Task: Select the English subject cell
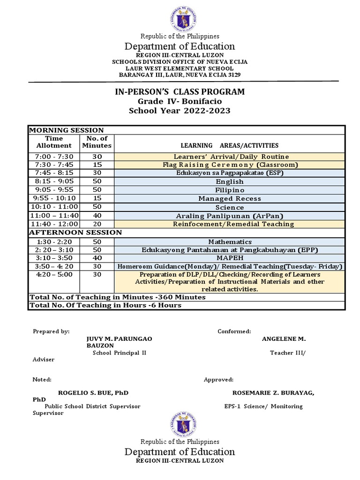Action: coord(229,181)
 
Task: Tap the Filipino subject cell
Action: coord(229,190)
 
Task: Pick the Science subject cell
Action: coord(229,207)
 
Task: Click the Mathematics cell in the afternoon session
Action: coord(229,242)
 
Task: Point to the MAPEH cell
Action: coord(229,258)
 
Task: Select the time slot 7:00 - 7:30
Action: coord(54,156)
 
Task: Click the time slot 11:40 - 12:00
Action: coord(54,224)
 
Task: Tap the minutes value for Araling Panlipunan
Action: coord(97,216)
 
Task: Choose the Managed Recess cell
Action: coord(229,199)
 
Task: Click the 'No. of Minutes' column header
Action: coord(97,142)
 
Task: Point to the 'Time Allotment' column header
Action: coord(54,142)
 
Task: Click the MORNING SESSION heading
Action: coord(67,130)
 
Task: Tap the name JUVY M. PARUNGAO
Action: coord(119,338)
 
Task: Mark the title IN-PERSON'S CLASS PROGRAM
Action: coord(180,91)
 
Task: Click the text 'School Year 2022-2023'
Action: coord(180,111)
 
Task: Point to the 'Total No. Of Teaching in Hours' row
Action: coord(105,305)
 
